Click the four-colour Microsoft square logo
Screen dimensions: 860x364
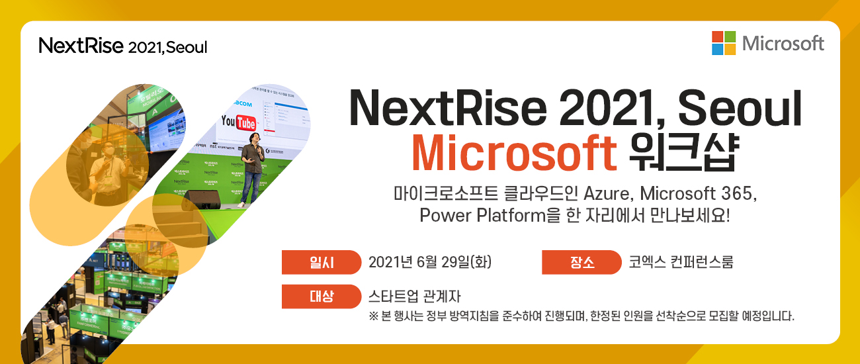pos(724,43)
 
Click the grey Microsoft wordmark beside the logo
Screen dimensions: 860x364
pos(783,44)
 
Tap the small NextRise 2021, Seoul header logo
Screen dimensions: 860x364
pos(123,46)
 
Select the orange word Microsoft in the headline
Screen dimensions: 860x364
pos(515,153)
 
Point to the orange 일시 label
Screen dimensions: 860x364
pos(322,262)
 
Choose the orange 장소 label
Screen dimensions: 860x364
pos(581,262)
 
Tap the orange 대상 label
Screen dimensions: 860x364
pos(322,296)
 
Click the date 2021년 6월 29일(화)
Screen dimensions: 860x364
pos(430,262)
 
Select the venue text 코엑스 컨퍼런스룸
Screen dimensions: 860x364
pos(681,262)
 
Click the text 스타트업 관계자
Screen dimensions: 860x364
pos(414,296)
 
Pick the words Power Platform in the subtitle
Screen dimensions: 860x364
pos(483,215)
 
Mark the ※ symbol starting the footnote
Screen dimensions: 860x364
pos(374,316)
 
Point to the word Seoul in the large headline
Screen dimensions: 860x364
pos(740,109)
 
